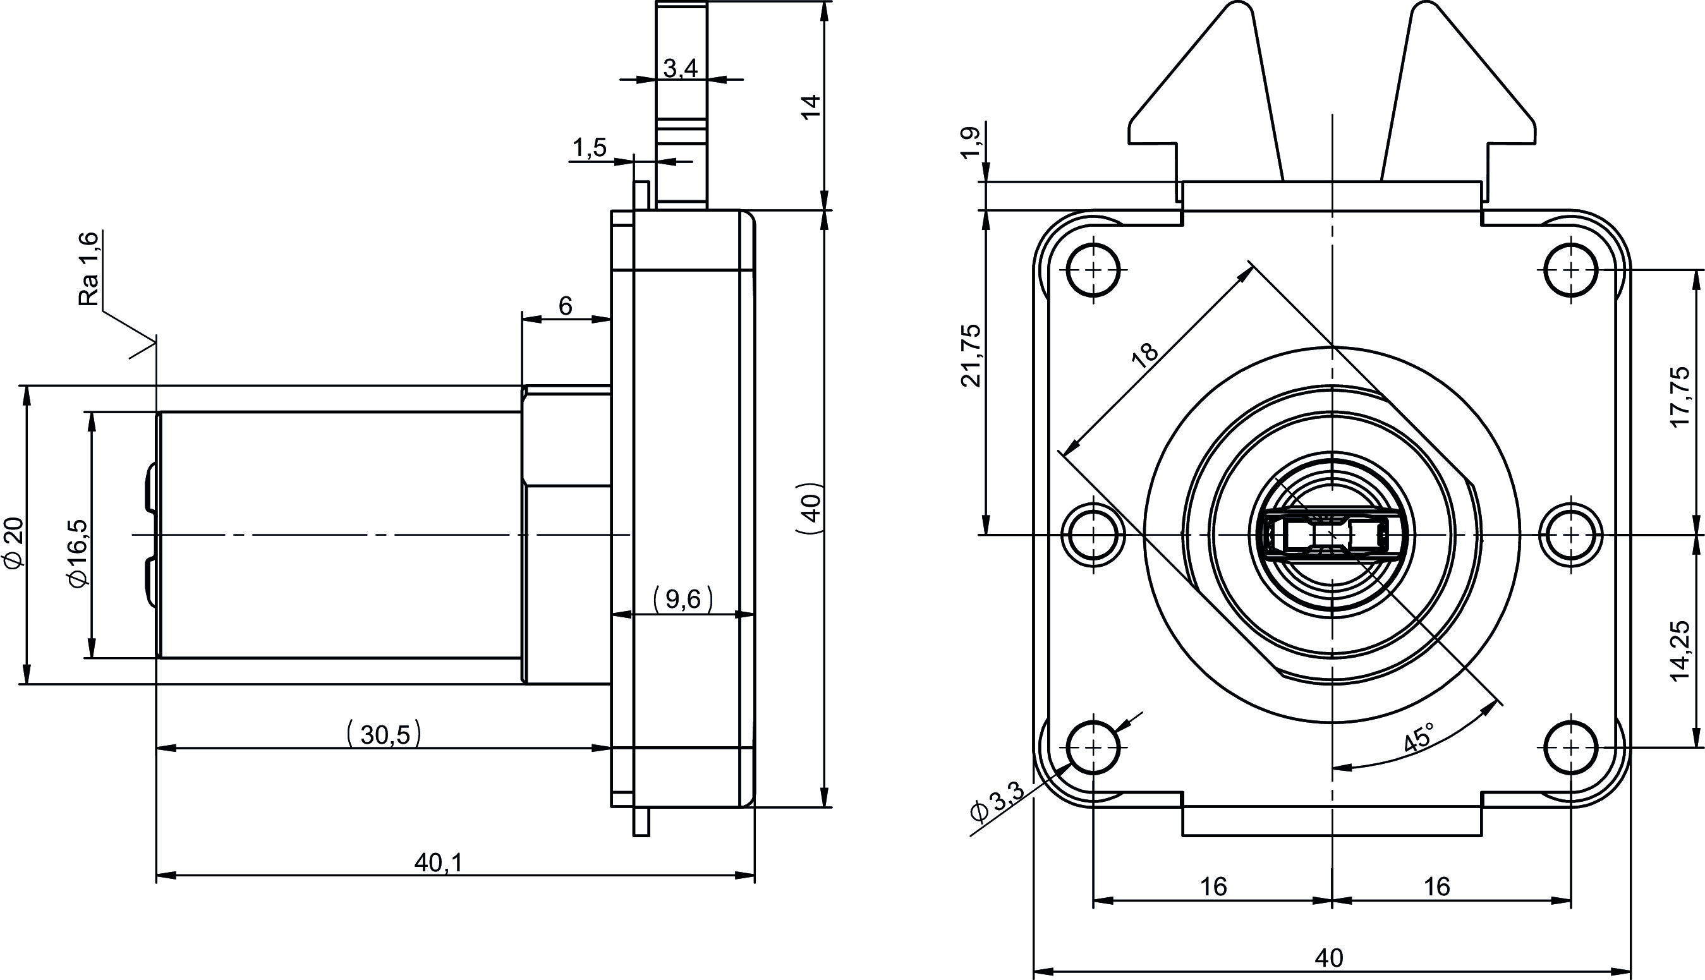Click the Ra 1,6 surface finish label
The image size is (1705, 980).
click(89, 269)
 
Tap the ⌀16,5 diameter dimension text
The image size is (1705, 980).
click(78, 554)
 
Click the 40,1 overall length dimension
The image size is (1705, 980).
click(439, 862)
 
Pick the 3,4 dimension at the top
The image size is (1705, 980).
click(681, 68)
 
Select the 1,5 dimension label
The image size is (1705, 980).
click(590, 147)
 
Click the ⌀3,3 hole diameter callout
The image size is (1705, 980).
click(997, 802)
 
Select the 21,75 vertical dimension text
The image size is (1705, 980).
click(971, 355)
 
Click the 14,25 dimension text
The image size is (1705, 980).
click(1680, 651)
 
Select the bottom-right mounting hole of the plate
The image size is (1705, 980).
click(1571, 747)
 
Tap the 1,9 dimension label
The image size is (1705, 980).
click(971, 142)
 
